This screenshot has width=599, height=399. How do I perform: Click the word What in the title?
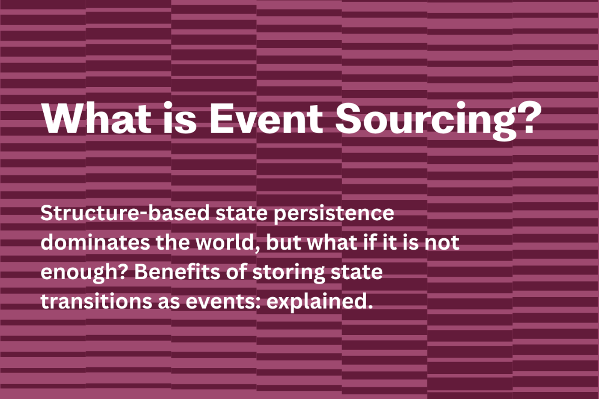tap(96, 119)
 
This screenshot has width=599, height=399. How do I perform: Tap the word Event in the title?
tap(266, 119)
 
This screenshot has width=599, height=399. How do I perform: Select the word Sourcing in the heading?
tap(426, 120)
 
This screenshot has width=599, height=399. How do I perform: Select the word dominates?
tap(95, 242)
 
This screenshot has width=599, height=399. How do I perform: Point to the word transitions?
tap(96, 301)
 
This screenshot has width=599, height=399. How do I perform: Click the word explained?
tap(319, 302)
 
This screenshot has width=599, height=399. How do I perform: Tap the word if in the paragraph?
tap(370, 242)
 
